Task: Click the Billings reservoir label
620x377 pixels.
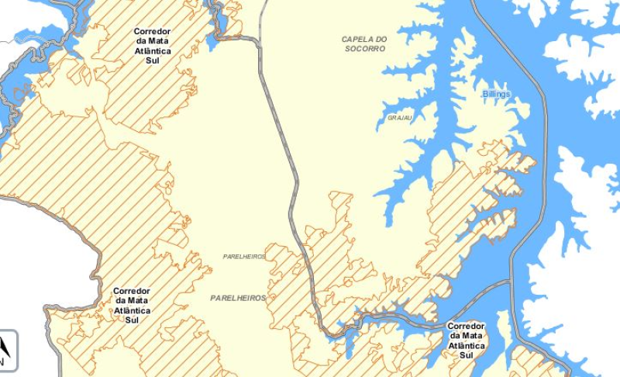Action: pyautogui.click(x=496, y=94)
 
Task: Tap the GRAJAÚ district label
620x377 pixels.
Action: pyautogui.click(x=400, y=118)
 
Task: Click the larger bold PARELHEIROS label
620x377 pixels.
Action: pyautogui.click(x=238, y=298)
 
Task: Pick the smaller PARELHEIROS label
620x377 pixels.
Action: pyautogui.click(x=244, y=257)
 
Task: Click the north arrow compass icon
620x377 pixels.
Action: pyautogui.click(x=5, y=351)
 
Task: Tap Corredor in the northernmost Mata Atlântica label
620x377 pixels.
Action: pyautogui.click(x=152, y=32)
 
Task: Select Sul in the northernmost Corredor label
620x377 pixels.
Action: pyautogui.click(x=152, y=61)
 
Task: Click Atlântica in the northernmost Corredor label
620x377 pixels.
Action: pyautogui.click(x=152, y=51)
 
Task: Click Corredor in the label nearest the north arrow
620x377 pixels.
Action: pyautogui.click(x=132, y=292)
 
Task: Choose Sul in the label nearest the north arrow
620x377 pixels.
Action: pyautogui.click(x=132, y=320)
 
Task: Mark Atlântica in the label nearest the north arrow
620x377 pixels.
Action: pyautogui.click(x=132, y=310)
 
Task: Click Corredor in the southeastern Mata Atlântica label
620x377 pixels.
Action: pyautogui.click(x=466, y=327)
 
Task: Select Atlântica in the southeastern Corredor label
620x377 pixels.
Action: pyautogui.click(x=466, y=346)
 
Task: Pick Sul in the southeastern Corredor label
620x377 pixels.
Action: pyautogui.click(x=466, y=355)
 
